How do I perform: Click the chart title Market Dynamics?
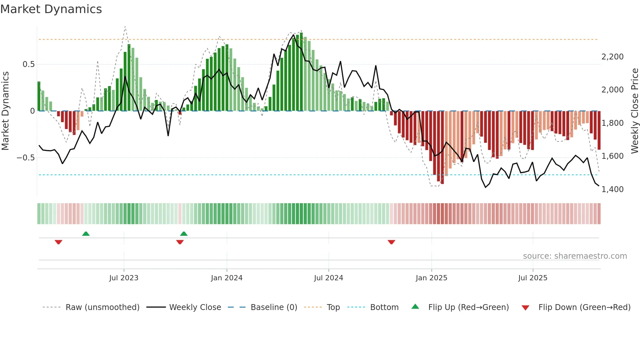(51, 9)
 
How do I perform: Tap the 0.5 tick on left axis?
(28, 64)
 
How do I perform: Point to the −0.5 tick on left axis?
(25, 158)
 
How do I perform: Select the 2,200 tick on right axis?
(612, 57)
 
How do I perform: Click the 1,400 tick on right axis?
(612, 189)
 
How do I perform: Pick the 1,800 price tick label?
(612, 123)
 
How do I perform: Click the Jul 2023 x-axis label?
(124, 278)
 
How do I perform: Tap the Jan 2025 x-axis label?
(431, 278)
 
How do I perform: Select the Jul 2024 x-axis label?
(328, 278)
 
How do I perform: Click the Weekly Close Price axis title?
(634, 111)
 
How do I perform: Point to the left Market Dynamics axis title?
(5, 111)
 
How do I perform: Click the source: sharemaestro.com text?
(575, 256)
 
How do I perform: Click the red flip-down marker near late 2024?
(391, 242)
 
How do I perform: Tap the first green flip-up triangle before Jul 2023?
(86, 234)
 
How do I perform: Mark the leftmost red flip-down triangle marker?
(58, 242)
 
